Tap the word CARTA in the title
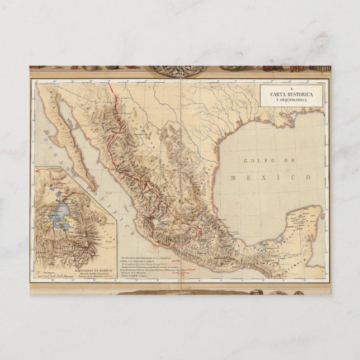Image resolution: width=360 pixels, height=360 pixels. click(278, 94)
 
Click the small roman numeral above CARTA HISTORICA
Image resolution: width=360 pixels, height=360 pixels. click(291, 88)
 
